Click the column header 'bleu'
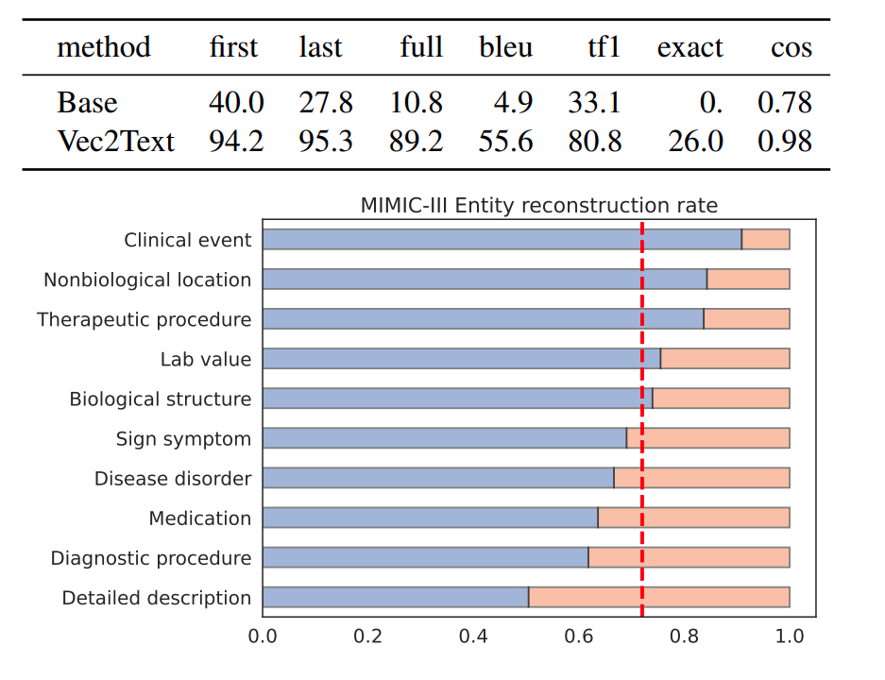click(x=505, y=47)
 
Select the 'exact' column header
click(x=689, y=47)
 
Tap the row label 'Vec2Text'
click(x=115, y=141)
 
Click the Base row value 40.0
click(x=236, y=102)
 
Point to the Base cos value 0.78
click(x=785, y=102)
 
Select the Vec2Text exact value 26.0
click(x=695, y=141)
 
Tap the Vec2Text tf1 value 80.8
click(x=595, y=141)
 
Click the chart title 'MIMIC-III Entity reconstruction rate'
click(x=538, y=205)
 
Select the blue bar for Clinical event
click(x=502, y=240)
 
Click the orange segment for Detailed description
click(x=658, y=598)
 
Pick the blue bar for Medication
click(x=430, y=518)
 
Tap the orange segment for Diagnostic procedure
click(x=689, y=558)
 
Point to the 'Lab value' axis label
click(x=206, y=360)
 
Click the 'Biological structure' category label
click(x=161, y=399)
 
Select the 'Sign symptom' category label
click(x=183, y=439)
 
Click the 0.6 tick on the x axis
click(x=578, y=637)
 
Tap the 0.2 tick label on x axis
click(x=367, y=637)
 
